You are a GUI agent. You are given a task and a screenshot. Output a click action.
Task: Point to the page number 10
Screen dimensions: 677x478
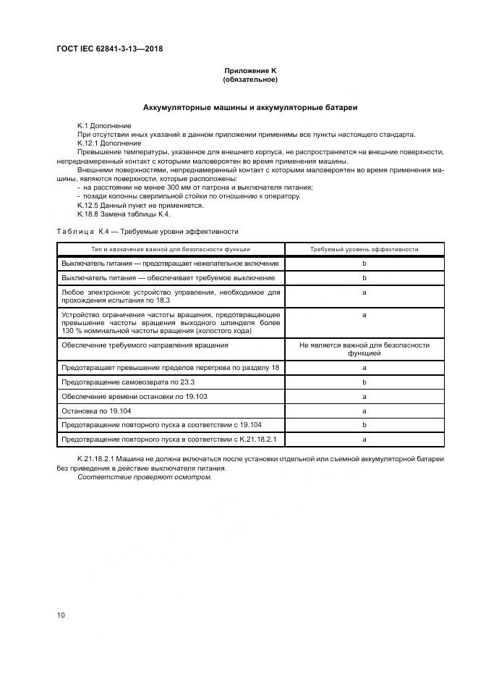coord(61,615)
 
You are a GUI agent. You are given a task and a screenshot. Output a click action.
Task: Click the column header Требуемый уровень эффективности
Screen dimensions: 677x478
coord(364,248)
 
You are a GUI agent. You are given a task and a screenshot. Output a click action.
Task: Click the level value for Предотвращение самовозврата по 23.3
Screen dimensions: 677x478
coord(364,382)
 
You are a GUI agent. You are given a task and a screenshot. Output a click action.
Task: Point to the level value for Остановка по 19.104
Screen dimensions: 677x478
coord(364,411)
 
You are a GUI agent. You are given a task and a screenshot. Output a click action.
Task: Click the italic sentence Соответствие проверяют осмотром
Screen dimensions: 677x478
coord(145,476)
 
